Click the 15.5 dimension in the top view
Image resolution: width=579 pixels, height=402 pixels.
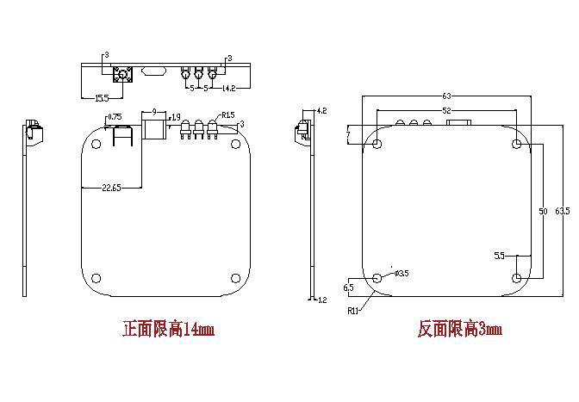click(102, 98)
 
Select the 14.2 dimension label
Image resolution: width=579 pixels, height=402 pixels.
click(229, 89)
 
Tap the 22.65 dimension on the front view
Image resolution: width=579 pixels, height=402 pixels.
click(110, 188)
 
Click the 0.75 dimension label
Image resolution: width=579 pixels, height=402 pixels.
click(114, 117)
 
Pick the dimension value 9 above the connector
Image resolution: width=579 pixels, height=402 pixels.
click(153, 112)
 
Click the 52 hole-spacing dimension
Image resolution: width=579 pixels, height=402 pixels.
click(446, 111)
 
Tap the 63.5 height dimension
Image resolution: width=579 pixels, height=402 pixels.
click(562, 210)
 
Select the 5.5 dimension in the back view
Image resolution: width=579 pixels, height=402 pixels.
click(499, 256)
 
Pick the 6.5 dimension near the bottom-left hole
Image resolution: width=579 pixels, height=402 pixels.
click(348, 287)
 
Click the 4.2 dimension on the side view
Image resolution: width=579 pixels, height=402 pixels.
click(322, 112)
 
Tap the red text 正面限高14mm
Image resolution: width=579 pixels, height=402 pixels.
click(168, 330)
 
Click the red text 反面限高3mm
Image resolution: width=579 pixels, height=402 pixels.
click(459, 330)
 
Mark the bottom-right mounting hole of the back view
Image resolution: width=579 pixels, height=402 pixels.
click(516, 277)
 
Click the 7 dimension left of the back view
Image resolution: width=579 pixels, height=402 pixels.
click(348, 136)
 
